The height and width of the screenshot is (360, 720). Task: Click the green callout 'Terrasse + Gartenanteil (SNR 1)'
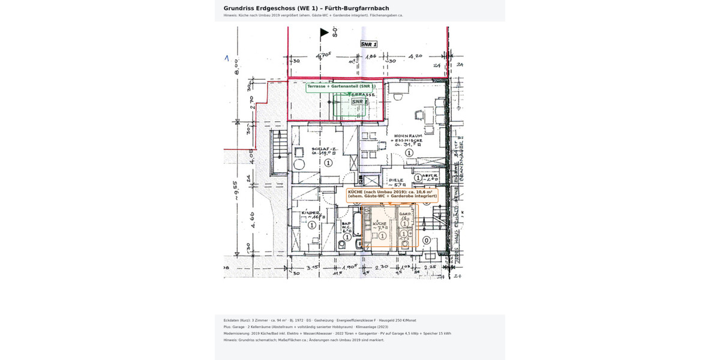341,87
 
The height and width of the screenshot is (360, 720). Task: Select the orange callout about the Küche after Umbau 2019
392,194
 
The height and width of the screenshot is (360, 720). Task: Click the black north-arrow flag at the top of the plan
324,33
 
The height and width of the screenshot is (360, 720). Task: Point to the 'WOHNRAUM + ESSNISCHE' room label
409,140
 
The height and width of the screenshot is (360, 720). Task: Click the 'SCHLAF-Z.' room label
322,150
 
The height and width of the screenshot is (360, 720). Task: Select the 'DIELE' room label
396,180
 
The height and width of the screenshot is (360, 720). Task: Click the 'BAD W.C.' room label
346,226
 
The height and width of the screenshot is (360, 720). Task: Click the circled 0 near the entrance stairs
427,240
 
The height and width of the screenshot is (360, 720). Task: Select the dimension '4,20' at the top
416,56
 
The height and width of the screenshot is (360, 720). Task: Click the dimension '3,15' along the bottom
312,268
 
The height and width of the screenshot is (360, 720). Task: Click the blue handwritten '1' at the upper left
227,58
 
